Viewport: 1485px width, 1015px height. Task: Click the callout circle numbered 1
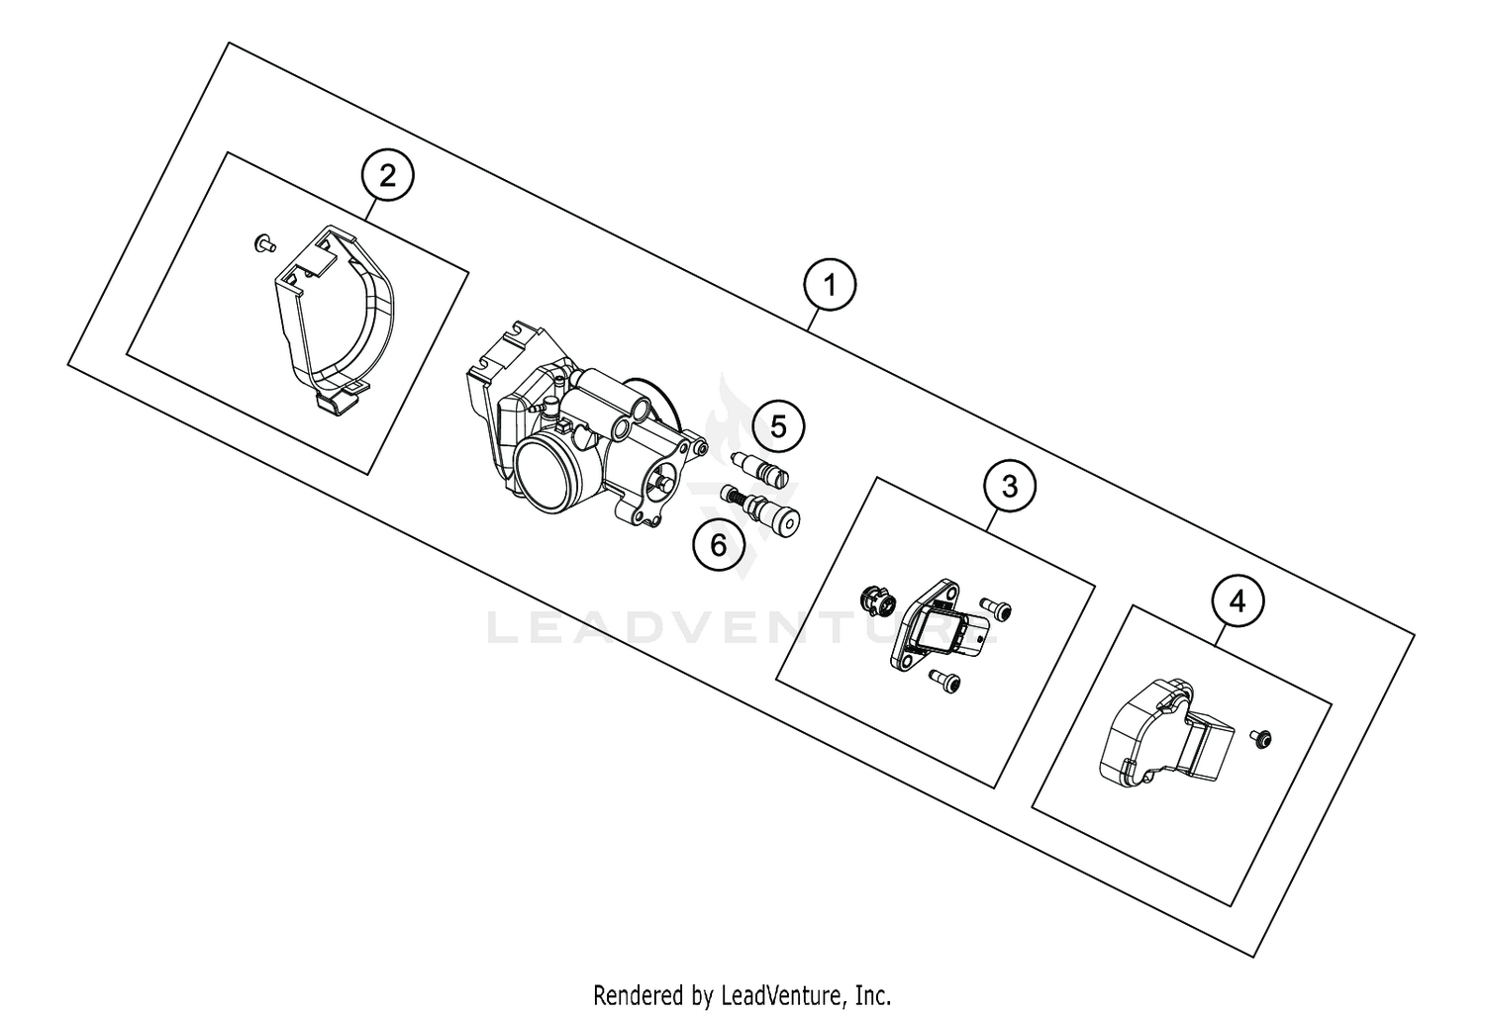coord(830,286)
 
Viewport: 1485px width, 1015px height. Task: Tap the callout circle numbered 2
coord(387,177)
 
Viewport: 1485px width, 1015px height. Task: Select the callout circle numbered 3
coord(1009,486)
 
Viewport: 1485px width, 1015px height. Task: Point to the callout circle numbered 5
coord(778,426)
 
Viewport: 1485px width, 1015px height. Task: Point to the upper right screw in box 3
coord(997,609)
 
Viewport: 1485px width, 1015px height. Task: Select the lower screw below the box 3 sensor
coord(945,682)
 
